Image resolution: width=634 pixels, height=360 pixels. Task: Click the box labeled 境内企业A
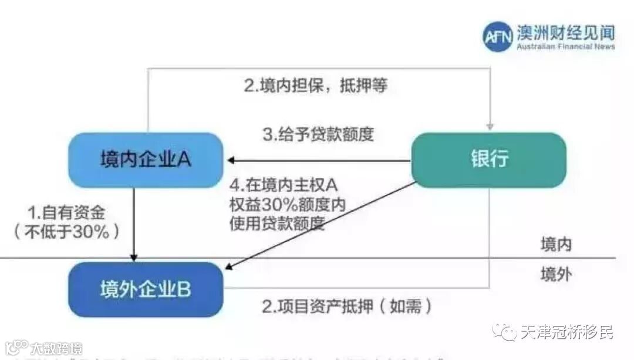click(x=146, y=160)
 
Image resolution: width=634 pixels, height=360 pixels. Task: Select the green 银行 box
click(x=488, y=159)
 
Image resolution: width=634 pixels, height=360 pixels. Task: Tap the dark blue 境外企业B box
click(x=146, y=290)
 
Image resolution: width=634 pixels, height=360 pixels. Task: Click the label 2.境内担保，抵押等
click(x=316, y=86)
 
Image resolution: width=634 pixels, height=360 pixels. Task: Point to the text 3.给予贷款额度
click(x=318, y=134)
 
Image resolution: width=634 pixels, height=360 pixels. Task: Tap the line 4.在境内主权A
click(x=284, y=185)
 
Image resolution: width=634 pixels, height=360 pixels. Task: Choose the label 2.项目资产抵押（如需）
click(x=348, y=306)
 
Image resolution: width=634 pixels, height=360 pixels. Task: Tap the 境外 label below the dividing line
click(x=555, y=274)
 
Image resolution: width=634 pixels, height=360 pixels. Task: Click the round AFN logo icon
click(x=498, y=36)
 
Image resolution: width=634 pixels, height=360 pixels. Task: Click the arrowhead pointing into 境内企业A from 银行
click(x=232, y=160)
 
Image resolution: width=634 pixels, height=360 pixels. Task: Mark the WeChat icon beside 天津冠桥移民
click(x=506, y=332)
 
